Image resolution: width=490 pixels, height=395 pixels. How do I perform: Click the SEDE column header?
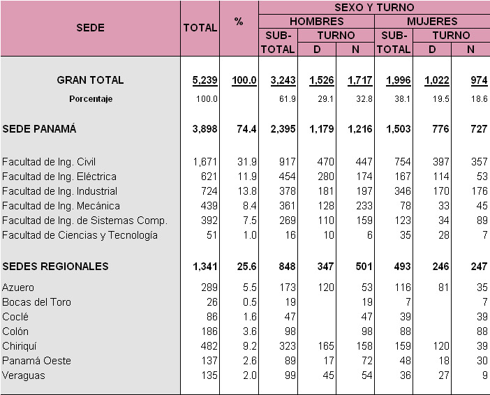[90, 28]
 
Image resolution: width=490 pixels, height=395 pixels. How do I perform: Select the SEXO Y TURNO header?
[374, 7]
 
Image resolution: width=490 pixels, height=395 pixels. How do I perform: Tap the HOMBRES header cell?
[316, 22]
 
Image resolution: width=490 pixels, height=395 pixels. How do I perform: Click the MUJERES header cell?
[432, 22]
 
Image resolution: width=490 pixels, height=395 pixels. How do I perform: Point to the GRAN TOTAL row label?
[90, 80]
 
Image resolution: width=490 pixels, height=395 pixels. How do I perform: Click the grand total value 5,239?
[205, 80]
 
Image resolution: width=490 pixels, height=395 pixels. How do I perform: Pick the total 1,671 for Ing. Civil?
[205, 162]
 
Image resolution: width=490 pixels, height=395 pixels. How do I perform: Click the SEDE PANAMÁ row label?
[39, 128]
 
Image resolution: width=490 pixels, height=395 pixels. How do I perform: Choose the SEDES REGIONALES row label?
[55, 266]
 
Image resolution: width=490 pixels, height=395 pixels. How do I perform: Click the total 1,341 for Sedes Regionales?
[205, 266]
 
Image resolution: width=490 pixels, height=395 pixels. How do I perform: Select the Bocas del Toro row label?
[36, 302]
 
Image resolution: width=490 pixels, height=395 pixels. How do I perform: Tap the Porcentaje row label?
[90, 99]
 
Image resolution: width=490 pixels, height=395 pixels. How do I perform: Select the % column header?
[239, 22]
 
